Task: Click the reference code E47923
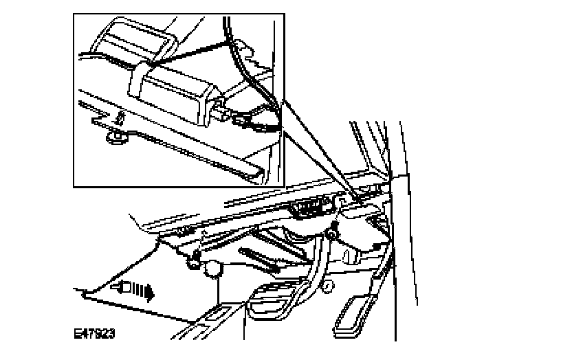click(94, 334)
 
